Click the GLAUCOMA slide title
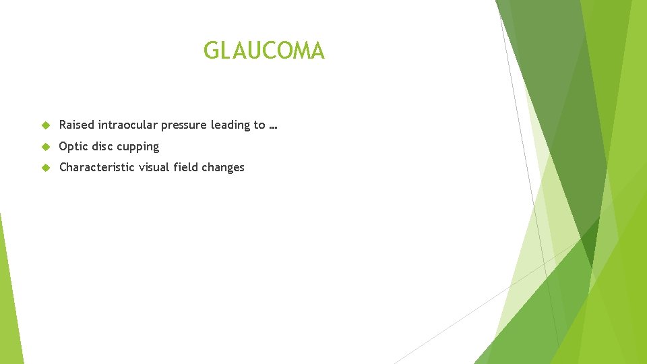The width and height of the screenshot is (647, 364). point(264,51)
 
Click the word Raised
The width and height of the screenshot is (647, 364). point(77,125)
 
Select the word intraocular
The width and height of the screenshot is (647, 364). point(128,125)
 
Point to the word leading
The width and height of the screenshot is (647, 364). point(230,125)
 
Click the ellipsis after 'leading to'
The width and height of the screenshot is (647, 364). point(273,127)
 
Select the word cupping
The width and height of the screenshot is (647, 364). point(137,147)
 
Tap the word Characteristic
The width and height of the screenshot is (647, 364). point(97,167)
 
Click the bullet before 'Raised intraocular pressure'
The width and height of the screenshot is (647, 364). point(45,125)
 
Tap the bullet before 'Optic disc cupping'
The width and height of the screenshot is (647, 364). point(45,147)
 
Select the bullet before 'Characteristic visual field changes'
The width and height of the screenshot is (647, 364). point(45,168)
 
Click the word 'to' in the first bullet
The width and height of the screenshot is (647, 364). point(259,125)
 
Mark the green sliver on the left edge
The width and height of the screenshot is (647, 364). point(8,297)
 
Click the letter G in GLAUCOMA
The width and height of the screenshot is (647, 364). point(212,51)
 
